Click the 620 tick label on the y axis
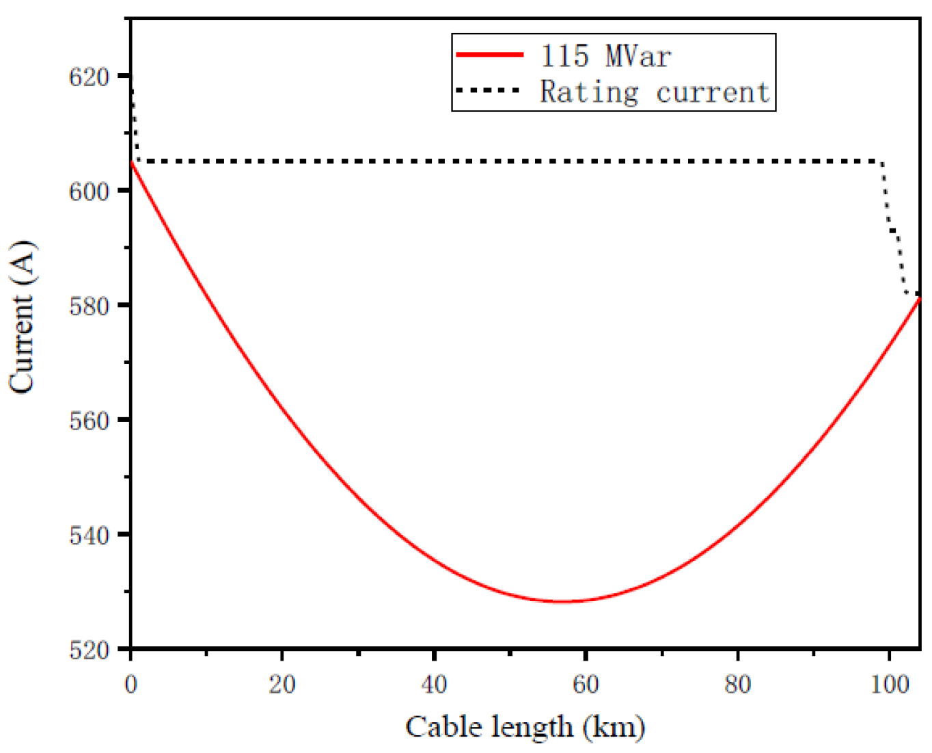[90, 77]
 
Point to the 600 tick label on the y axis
[90, 191]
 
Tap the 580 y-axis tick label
[90, 306]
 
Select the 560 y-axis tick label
[90, 421]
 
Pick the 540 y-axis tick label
[90, 535]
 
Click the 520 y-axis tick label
[90, 650]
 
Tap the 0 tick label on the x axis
[131, 684]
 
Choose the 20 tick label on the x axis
[282, 684]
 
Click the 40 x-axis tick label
[434, 684]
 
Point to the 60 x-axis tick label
[586, 684]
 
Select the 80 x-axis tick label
[737, 684]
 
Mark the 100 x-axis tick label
[890, 684]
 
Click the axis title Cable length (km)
[525, 727]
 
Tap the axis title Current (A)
[22, 317]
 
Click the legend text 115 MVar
[605, 55]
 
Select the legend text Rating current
[655, 92]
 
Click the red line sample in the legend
[489, 55]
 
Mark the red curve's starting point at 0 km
[131, 162]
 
